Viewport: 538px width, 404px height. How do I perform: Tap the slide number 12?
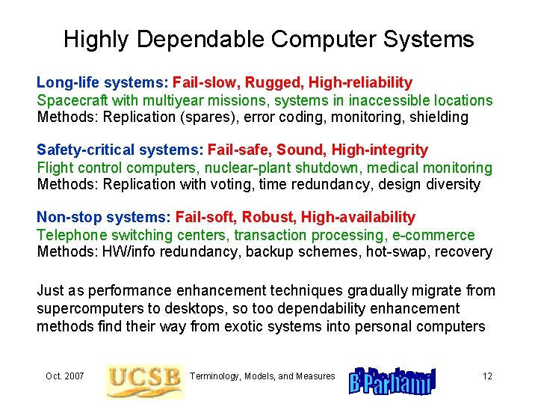(x=487, y=376)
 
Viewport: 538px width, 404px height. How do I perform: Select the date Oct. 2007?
(x=64, y=376)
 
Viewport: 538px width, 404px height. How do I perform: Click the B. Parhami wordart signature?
(x=392, y=380)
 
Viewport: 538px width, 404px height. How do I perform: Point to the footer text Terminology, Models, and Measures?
(x=262, y=376)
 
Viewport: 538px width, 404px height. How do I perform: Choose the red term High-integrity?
(x=380, y=150)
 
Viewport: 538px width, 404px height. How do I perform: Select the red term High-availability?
(x=358, y=218)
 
